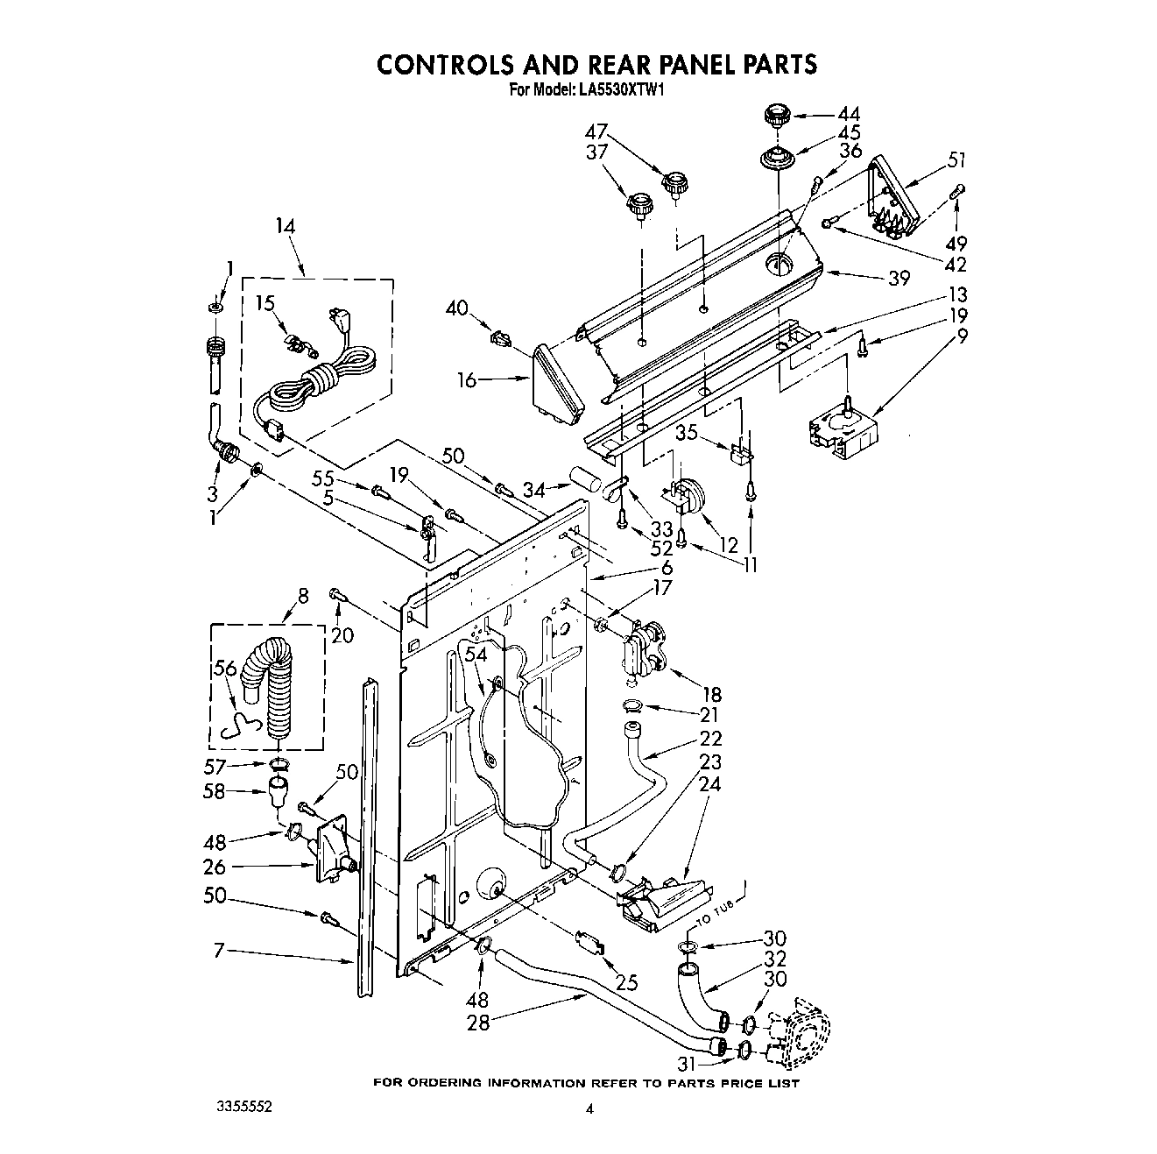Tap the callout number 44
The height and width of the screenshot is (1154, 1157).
[848, 114]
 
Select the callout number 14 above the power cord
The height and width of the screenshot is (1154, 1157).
[285, 225]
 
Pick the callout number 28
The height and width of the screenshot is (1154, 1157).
[478, 1022]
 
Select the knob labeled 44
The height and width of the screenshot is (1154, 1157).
[774, 116]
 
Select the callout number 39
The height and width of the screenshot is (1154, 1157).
[897, 278]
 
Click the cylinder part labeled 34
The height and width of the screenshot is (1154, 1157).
[581, 480]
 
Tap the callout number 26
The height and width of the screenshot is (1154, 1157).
[214, 867]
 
